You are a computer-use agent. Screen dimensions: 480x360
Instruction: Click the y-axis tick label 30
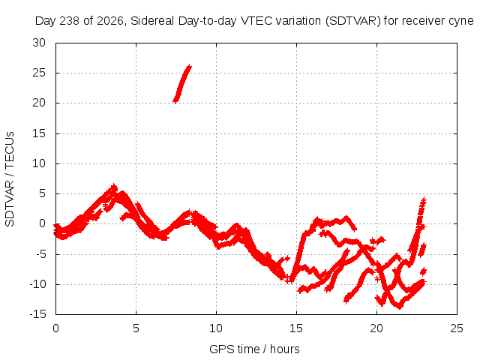click(39, 43)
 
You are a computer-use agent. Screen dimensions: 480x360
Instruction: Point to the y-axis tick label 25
click(39, 73)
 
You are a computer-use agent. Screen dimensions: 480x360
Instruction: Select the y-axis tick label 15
click(39, 133)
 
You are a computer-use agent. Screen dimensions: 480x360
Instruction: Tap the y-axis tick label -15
click(37, 314)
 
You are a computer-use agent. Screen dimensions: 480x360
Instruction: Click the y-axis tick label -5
click(40, 254)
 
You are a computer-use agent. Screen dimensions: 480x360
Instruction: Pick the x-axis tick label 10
click(216, 328)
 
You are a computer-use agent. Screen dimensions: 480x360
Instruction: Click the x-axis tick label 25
click(457, 328)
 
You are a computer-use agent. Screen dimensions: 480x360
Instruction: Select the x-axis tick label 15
click(296, 328)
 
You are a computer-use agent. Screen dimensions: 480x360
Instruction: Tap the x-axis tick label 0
click(55, 328)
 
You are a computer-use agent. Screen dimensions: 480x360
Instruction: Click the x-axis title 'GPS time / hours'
click(254, 349)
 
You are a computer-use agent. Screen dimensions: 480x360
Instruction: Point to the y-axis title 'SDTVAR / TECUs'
click(10, 179)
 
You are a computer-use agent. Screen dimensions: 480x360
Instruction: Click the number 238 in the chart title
click(69, 21)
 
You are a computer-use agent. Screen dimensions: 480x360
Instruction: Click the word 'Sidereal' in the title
click(152, 21)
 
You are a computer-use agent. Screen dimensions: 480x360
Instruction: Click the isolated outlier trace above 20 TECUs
click(181, 84)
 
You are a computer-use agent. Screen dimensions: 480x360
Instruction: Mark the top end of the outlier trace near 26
click(190, 66)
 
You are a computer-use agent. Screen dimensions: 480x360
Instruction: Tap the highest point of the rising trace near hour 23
click(424, 199)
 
